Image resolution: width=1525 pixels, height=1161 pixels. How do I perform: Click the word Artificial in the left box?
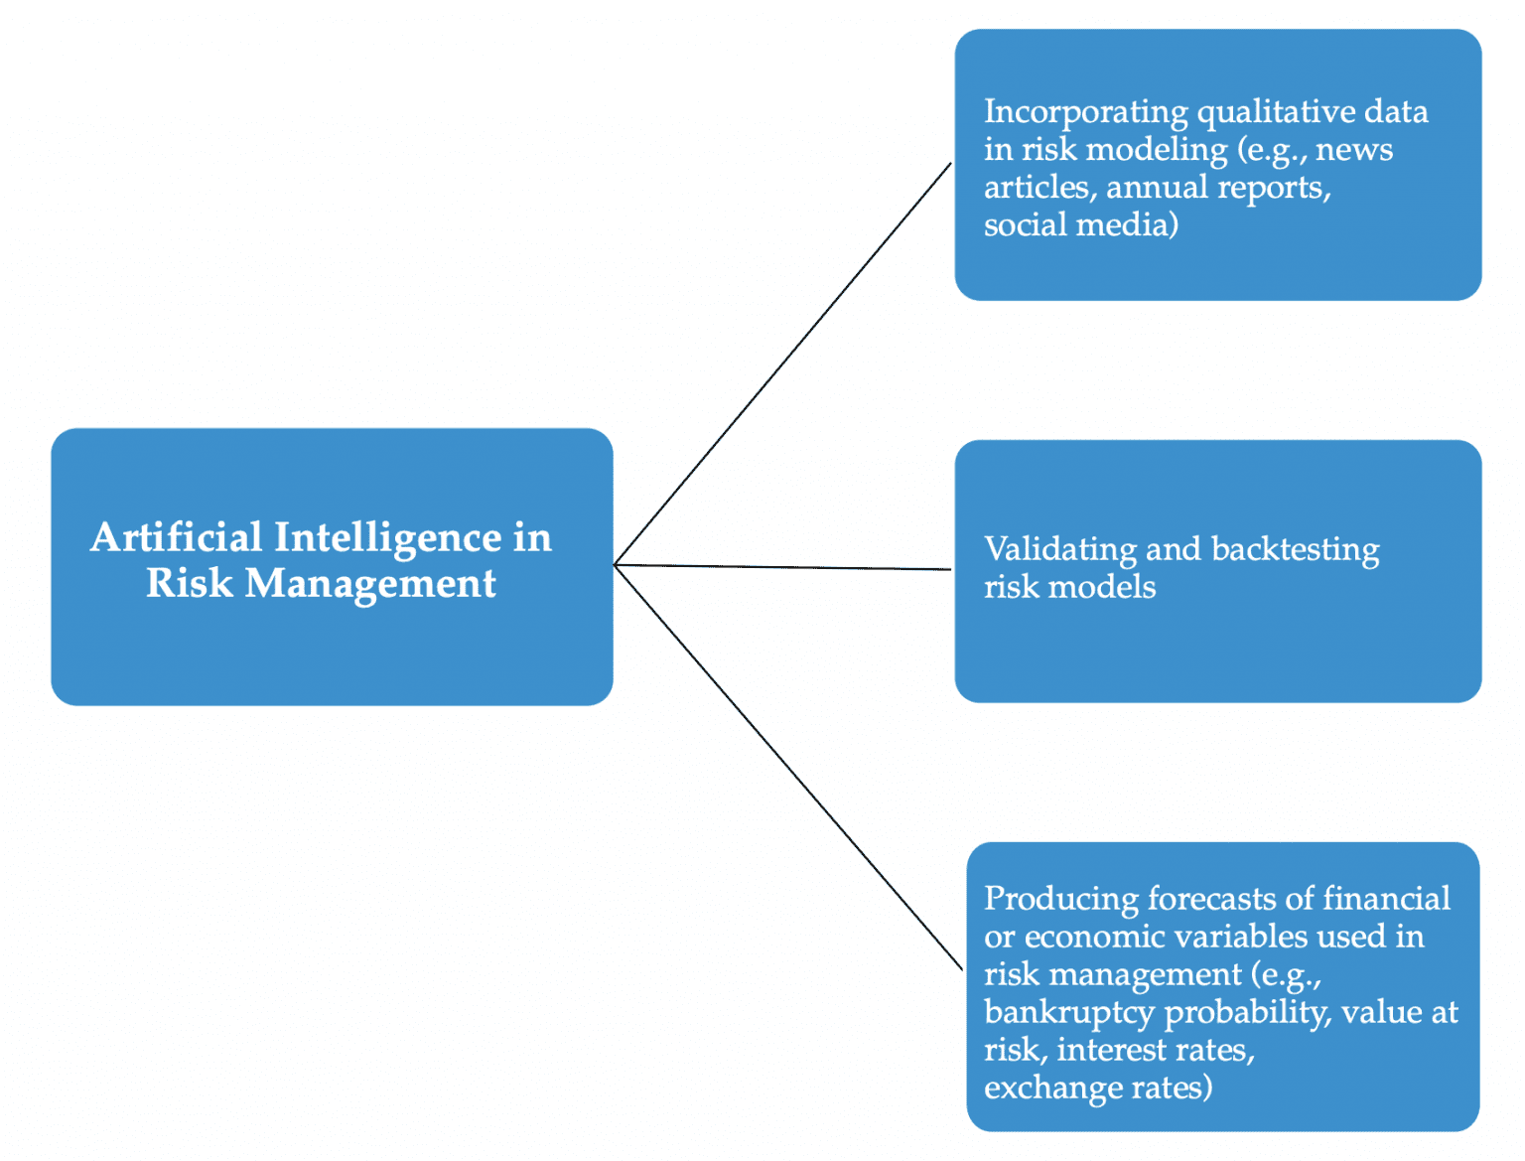coord(176,537)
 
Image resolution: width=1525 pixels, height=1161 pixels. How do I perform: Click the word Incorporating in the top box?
coord(1085,111)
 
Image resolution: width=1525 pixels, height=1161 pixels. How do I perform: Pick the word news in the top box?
coord(1354,149)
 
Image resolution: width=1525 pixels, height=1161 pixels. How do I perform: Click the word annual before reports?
coord(1157,187)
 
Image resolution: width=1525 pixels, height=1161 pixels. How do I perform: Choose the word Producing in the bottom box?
coord(1060,898)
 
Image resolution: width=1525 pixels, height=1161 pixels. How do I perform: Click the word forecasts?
coord(1211,898)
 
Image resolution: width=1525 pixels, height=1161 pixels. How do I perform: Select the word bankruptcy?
coord(1069,1012)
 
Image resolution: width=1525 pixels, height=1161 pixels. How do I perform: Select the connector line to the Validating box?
coord(783,567)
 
